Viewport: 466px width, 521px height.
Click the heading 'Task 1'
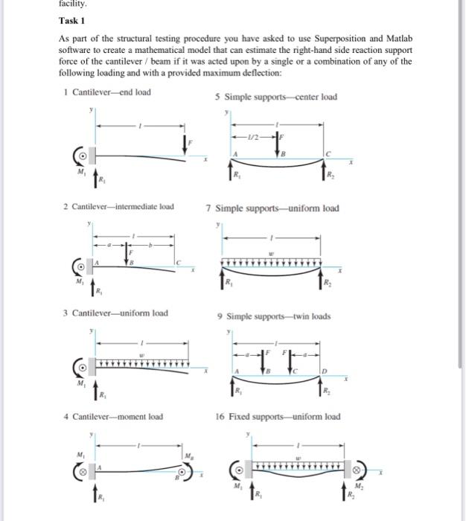point(74,21)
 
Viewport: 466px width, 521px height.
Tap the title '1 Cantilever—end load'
point(108,92)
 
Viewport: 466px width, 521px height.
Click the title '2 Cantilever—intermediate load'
point(119,206)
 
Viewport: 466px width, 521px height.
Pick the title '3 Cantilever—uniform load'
point(115,313)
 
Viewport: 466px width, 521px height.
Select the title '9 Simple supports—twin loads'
point(272,316)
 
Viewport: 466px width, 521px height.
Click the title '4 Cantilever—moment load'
point(113,417)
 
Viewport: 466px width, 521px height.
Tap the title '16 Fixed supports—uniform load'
point(278,417)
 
